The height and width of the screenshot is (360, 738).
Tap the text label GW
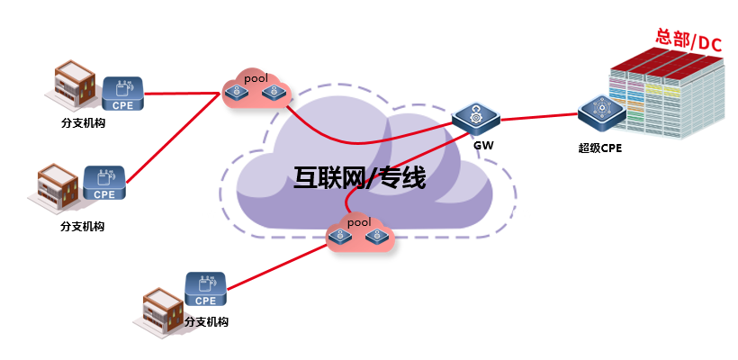pyautogui.click(x=483, y=146)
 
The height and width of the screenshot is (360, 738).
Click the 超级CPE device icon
pyautogui.click(x=601, y=112)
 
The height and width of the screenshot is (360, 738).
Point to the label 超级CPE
pyautogui.click(x=600, y=148)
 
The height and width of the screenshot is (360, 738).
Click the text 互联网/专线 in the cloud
pyautogui.click(x=360, y=178)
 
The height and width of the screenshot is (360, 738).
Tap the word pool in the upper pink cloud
pyautogui.click(x=256, y=77)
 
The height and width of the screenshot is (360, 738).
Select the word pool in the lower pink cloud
pyautogui.click(x=359, y=221)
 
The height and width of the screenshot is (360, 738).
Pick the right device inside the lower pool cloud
pyautogui.click(x=376, y=235)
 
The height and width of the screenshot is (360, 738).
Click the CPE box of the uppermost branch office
pyautogui.click(x=122, y=94)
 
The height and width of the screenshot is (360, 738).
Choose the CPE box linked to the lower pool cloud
pyautogui.click(x=205, y=289)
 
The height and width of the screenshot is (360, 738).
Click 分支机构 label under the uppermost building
pyautogui.click(x=83, y=123)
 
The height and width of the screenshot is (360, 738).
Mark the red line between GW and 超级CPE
pyautogui.click(x=539, y=117)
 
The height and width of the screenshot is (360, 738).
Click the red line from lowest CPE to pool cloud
pyautogui.click(x=278, y=265)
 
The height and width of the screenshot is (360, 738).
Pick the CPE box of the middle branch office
pyautogui.click(x=104, y=183)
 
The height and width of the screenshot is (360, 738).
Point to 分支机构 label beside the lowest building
pyautogui.click(x=207, y=322)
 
